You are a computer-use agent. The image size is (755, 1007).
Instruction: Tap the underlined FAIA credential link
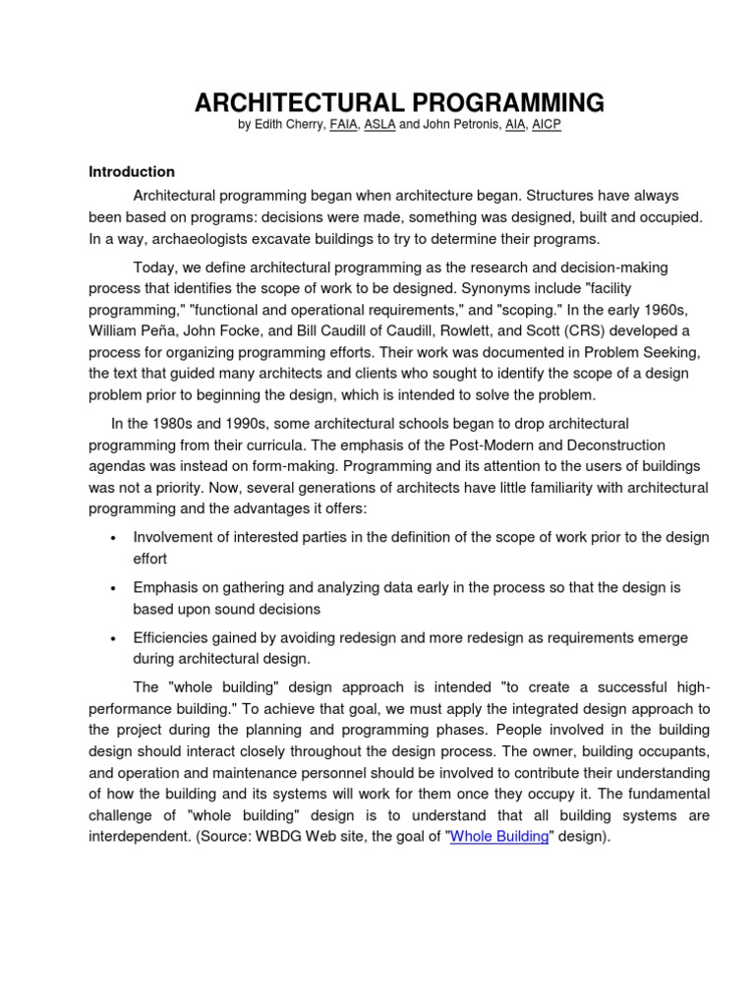pyautogui.click(x=344, y=126)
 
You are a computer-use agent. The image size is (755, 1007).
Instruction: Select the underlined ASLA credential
pyautogui.click(x=379, y=126)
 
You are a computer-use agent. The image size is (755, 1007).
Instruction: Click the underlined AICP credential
pyautogui.click(x=547, y=126)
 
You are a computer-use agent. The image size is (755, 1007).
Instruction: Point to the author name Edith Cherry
pyautogui.click(x=288, y=126)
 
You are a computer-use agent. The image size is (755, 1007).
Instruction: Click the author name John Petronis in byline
pyautogui.click(x=460, y=126)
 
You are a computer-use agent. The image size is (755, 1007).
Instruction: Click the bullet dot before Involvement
pyautogui.click(x=115, y=538)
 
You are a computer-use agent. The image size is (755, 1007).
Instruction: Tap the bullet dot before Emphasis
pyautogui.click(x=115, y=588)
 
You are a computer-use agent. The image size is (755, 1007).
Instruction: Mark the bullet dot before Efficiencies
pyautogui.click(x=115, y=639)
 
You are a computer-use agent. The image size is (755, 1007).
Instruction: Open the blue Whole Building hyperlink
pyautogui.click(x=499, y=837)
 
